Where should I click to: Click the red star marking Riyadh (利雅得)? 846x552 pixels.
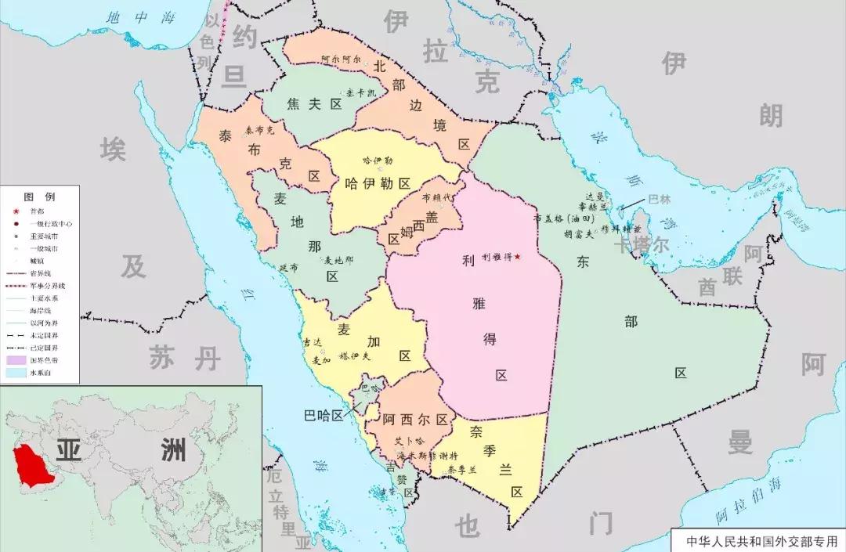[x=517, y=257]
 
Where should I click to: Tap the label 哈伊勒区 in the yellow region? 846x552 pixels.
[x=378, y=183]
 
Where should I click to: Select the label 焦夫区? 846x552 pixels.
[x=315, y=104]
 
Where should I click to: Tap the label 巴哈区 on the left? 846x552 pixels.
[x=324, y=416]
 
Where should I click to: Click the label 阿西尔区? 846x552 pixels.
[x=415, y=420]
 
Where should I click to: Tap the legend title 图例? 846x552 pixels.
[x=39, y=196]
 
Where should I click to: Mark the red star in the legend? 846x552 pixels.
[x=16, y=211]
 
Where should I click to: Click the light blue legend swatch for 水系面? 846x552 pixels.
[x=16, y=373]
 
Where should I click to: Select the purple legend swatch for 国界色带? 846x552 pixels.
[x=16, y=360]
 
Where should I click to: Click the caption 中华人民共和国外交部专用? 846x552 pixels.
[x=758, y=540]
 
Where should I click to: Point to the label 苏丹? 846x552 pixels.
[x=185, y=359]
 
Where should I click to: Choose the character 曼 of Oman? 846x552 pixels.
[x=739, y=442]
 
